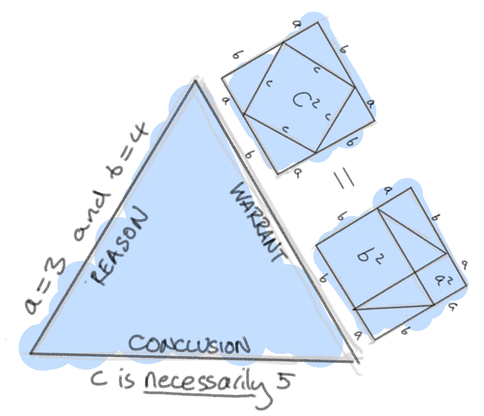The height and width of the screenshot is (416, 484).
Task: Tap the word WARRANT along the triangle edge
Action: click(x=258, y=222)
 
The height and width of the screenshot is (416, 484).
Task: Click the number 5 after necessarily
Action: click(x=283, y=379)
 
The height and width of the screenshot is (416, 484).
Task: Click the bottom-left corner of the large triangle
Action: click(x=31, y=353)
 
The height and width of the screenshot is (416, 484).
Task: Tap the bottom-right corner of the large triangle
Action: click(x=353, y=361)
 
